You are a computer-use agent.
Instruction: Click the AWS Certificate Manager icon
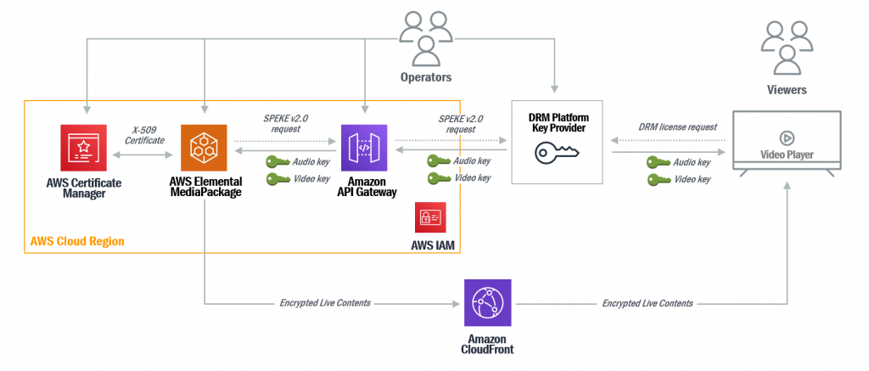[x=83, y=148]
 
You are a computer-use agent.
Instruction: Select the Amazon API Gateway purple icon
[x=364, y=148]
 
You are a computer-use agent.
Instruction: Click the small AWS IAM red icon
[x=428, y=217]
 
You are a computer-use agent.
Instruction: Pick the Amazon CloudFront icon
[x=487, y=303]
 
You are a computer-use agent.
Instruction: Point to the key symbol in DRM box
[x=557, y=153]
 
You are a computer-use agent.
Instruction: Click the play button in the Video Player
[x=786, y=138]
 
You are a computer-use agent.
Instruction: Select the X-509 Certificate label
[x=143, y=135]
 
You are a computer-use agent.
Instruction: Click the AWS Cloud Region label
[x=77, y=241]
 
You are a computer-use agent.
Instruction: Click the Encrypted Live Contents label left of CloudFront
[x=325, y=303]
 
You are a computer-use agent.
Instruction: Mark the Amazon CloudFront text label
[x=487, y=343]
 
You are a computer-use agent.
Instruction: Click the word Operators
[x=425, y=78]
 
